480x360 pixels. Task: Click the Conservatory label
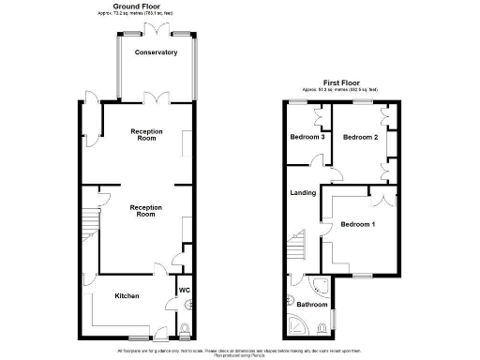pyautogui.click(x=156, y=52)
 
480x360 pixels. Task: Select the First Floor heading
pyautogui.click(x=342, y=82)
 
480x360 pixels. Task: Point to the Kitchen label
pyautogui.click(x=127, y=296)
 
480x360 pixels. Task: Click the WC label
pyautogui.click(x=185, y=291)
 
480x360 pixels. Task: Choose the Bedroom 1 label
pyautogui.click(x=358, y=224)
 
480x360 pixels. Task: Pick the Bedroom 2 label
pyautogui.click(x=359, y=137)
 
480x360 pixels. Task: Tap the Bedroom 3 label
pyautogui.click(x=307, y=137)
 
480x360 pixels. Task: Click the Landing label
pyautogui.click(x=302, y=193)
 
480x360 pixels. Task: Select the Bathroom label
pyautogui.click(x=311, y=305)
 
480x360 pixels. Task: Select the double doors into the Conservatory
pyautogui.click(x=156, y=97)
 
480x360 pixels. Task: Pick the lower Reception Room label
pyautogui.click(x=145, y=210)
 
